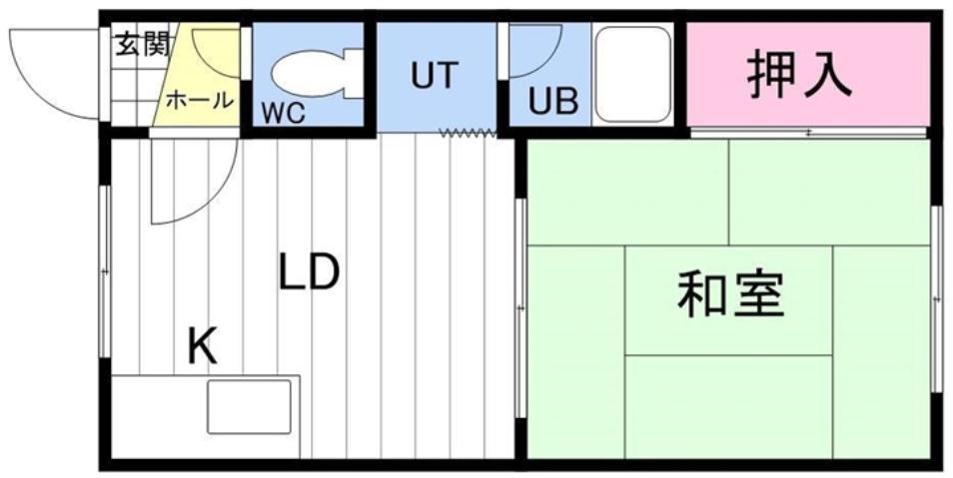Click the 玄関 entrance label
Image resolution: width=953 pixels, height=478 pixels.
pyautogui.click(x=143, y=45)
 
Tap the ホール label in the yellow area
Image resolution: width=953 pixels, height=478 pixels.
pyautogui.click(x=199, y=100)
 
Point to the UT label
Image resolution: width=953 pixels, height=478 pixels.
pyautogui.click(x=434, y=76)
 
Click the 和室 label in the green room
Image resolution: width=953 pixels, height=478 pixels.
pyautogui.click(x=731, y=294)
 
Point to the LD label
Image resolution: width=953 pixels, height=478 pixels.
pyautogui.click(x=309, y=271)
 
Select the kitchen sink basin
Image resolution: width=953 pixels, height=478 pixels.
pyautogui.click(x=249, y=407)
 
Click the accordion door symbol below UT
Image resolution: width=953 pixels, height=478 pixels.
pyautogui.click(x=467, y=133)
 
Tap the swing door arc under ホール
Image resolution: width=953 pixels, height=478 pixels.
pyautogui.click(x=190, y=185)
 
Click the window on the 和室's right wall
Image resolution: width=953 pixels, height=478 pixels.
pyautogui.click(x=936, y=299)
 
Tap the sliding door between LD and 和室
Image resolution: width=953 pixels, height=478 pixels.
pyautogui.click(x=520, y=309)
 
